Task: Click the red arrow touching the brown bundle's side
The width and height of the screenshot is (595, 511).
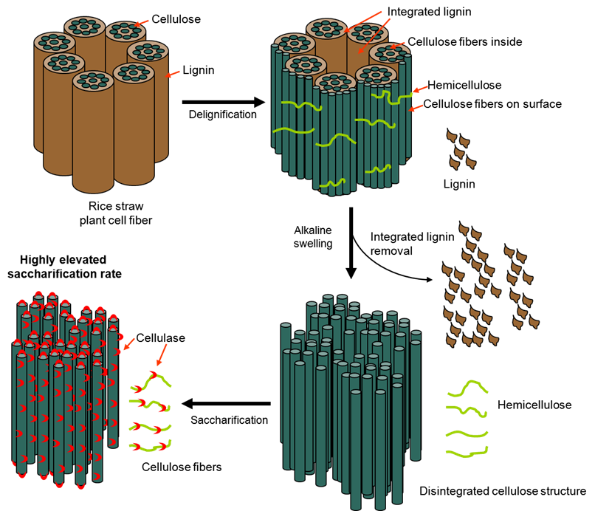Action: coord(173,74)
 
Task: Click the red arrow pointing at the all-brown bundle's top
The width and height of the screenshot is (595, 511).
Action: coord(141,24)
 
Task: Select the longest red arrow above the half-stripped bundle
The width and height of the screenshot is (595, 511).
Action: coord(362,21)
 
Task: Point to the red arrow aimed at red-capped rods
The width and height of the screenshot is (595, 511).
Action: coord(129,344)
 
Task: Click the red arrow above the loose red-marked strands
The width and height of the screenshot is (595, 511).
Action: coord(162,354)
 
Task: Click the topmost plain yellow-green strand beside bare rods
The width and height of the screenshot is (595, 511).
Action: coord(467,388)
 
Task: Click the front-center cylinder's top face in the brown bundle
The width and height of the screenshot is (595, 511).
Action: coord(93,80)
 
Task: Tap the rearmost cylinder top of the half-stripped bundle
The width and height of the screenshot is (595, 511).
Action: coord(326,28)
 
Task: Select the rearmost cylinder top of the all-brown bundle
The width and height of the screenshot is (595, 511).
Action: coord(84,27)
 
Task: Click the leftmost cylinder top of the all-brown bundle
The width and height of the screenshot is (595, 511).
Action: coord(54,42)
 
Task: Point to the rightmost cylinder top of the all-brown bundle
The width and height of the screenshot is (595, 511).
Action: coord(148,51)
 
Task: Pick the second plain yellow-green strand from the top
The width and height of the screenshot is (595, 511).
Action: coord(466,409)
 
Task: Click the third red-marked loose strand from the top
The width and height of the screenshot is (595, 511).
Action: coord(150,428)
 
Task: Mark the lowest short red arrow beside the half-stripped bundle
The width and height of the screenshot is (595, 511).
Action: coord(416,109)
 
